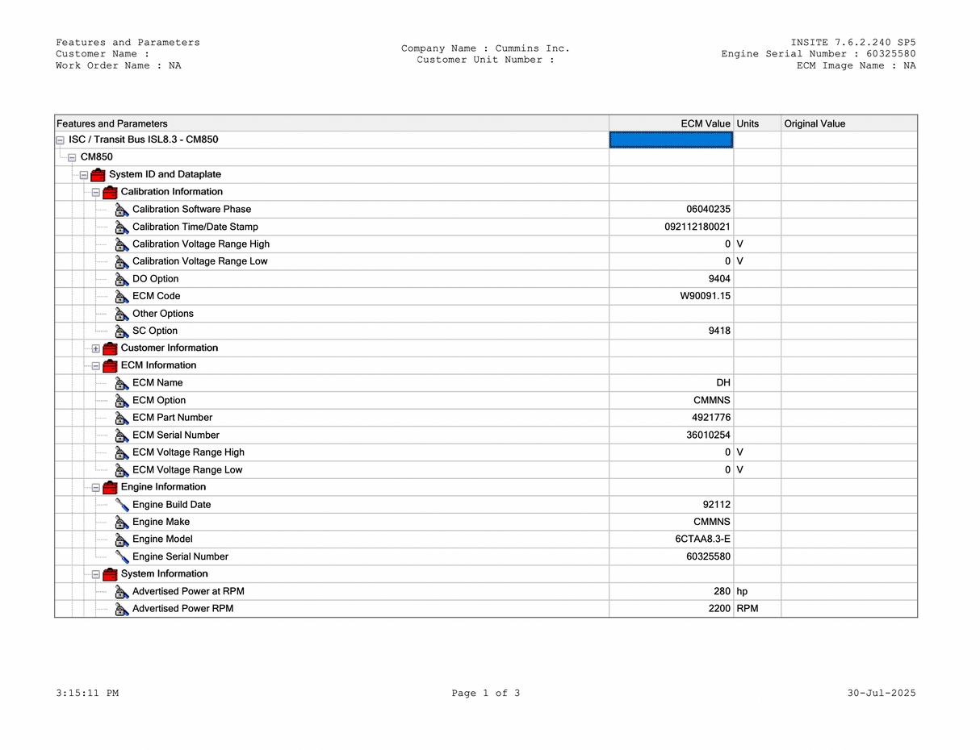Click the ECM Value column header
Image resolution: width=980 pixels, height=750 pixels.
click(705, 123)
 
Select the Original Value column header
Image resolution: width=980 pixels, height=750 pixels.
click(815, 123)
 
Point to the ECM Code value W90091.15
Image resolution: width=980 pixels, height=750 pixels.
click(705, 296)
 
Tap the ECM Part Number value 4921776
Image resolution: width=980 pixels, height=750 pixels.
click(711, 418)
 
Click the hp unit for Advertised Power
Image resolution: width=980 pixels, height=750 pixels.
click(742, 592)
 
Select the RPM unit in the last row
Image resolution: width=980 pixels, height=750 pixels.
click(748, 609)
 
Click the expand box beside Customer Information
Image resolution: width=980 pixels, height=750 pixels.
click(96, 348)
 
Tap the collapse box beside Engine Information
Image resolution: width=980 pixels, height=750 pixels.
click(96, 488)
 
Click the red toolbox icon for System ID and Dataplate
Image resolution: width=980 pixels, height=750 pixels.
click(98, 175)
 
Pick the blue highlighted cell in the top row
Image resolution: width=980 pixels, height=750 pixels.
click(671, 140)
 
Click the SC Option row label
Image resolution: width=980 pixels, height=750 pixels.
click(155, 331)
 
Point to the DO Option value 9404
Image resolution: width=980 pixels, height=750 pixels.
click(719, 279)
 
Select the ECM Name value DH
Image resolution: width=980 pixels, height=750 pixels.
click(723, 383)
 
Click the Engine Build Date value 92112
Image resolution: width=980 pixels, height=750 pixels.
click(717, 505)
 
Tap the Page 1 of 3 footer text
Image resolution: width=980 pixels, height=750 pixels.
click(486, 694)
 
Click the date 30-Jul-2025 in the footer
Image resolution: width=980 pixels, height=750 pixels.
click(882, 694)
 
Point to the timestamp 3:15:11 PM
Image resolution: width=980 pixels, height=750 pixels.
click(87, 694)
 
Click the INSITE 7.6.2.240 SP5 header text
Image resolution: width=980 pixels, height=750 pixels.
click(853, 43)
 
